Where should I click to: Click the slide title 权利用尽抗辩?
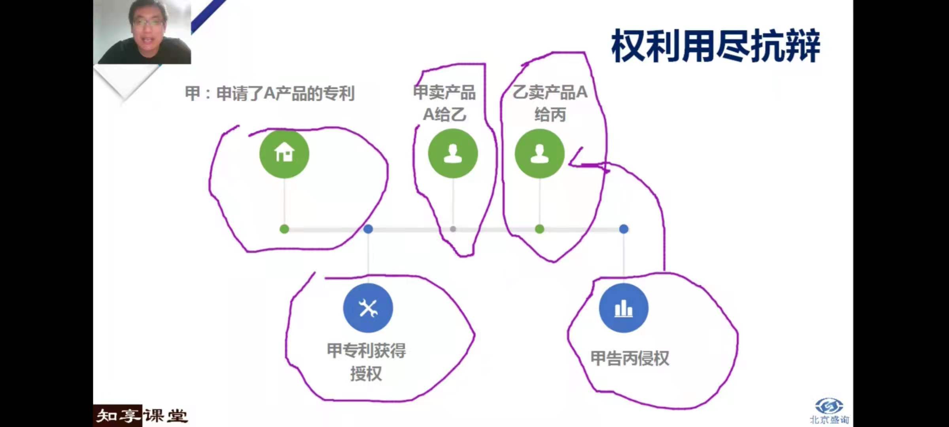click(x=716, y=46)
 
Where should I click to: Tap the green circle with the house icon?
click(x=284, y=153)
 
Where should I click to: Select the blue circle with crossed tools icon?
click(x=368, y=308)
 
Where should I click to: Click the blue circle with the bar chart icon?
click(x=624, y=308)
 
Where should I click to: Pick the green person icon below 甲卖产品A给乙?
click(x=453, y=153)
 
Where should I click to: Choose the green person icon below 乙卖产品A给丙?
click(x=539, y=153)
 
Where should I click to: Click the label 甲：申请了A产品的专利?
click(x=270, y=94)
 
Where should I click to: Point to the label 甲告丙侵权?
click(x=630, y=358)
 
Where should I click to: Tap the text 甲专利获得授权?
click(x=366, y=362)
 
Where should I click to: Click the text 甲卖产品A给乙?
click(x=444, y=103)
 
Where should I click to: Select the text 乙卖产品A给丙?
click(x=550, y=103)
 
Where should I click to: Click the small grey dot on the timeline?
click(x=453, y=229)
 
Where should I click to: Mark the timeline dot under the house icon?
click(x=284, y=229)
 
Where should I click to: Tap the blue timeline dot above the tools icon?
click(x=368, y=229)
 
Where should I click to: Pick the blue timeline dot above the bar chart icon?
click(x=624, y=229)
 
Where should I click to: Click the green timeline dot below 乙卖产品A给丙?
click(x=539, y=229)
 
